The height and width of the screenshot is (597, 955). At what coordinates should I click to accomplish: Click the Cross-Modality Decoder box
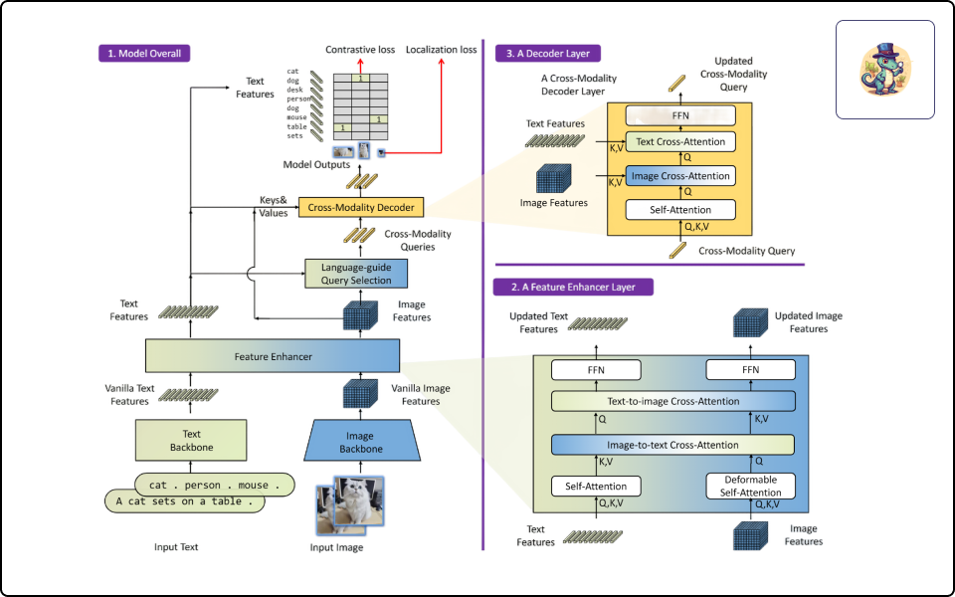[x=360, y=207]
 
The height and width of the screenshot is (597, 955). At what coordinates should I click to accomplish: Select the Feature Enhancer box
[x=273, y=356]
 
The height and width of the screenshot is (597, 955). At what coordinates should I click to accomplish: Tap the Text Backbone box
[x=191, y=441]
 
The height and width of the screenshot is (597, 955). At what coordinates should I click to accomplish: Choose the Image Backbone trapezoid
[x=361, y=441]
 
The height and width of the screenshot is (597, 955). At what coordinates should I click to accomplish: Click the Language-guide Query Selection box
[x=356, y=274]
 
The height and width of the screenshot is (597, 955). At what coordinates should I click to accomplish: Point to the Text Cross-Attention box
[x=680, y=142]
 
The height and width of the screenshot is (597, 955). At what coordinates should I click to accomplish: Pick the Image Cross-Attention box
[x=680, y=176]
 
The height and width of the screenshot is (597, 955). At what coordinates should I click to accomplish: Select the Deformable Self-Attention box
[x=750, y=487]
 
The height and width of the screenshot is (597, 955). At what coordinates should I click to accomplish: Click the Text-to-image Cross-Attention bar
[x=673, y=401]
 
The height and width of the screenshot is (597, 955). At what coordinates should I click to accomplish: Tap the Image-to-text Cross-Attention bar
[x=673, y=445]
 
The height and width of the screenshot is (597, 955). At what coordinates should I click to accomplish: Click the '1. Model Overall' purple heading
[x=144, y=54]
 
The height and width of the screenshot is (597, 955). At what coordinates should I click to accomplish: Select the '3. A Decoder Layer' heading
[x=547, y=54]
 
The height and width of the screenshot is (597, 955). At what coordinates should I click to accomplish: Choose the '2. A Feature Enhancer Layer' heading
[x=573, y=287]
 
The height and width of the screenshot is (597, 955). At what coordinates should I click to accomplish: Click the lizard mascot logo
[x=885, y=70]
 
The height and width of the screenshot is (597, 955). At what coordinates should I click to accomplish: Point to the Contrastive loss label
[x=360, y=50]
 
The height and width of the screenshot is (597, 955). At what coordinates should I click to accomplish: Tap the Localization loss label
[x=441, y=50]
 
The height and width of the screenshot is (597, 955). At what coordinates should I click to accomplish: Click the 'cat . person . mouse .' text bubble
[x=215, y=485]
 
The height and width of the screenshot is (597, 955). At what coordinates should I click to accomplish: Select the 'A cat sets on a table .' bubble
[x=185, y=501]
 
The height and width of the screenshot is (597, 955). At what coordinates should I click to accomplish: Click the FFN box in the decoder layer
[x=680, y=115]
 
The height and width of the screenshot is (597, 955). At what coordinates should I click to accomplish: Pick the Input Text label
[x=176, y=547]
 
